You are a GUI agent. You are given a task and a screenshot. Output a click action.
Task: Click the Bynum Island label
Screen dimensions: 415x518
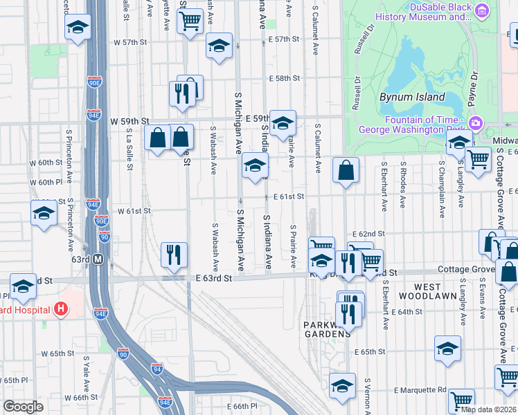[411, 98]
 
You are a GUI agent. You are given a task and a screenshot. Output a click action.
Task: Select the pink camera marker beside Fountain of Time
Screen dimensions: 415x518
[476, 124]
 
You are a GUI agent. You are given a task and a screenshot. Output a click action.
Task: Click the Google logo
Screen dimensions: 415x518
[23, 407]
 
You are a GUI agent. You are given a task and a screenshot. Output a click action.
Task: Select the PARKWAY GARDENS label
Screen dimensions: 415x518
[327, 329]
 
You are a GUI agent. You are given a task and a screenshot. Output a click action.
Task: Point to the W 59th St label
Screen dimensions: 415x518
[129, 121]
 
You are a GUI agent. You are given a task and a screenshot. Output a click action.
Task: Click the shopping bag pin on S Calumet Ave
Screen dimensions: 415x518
[346, 169]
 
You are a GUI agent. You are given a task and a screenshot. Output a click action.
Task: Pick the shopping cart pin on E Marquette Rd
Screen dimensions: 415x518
[461, 400]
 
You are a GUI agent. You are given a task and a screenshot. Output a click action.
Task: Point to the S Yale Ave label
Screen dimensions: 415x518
[87, 372]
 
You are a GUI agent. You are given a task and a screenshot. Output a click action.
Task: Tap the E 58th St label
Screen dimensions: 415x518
[285, 79]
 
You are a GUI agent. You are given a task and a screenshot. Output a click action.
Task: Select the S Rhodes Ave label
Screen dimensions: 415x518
[403, 187]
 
